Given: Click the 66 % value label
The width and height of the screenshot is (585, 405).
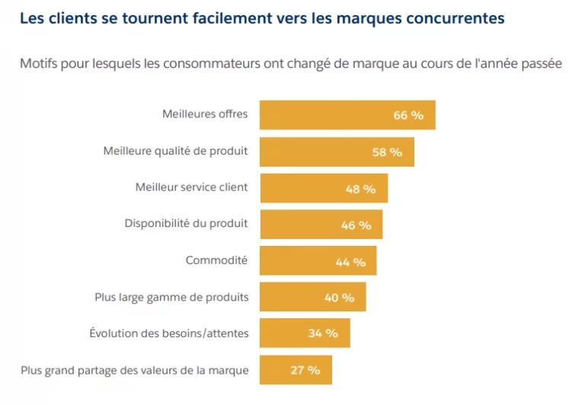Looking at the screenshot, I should [x=408, y=116].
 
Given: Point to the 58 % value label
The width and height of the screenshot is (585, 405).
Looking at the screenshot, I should [x=387, y=152].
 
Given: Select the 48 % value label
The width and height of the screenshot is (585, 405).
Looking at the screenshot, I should [x=360, y=189].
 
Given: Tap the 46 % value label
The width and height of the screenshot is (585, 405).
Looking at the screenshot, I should [x=356, y=225].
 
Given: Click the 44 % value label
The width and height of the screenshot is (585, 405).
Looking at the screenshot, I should [x=350, y=262].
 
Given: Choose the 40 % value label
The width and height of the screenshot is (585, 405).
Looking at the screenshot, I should [x=339, y=298].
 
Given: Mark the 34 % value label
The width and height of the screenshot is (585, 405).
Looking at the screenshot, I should [x=322, y=333].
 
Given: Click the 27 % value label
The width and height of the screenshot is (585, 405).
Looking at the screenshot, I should [x=305, y=370].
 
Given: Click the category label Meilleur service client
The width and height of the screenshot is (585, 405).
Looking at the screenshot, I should [x=191, y=187].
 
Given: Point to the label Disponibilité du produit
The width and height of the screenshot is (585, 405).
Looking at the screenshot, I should [x=186, y=223].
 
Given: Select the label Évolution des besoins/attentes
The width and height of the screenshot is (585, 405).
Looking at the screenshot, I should [x=168, y=333].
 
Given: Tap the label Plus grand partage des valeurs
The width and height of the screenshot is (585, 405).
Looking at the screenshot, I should [x=134, y=370].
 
